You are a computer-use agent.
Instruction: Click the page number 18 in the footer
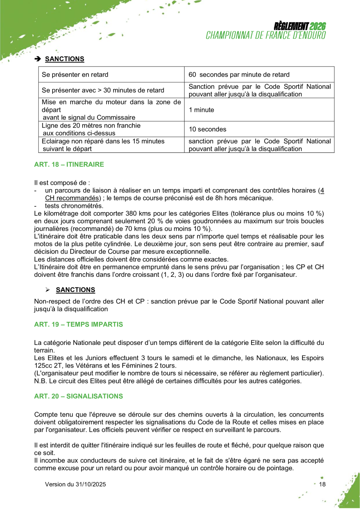point(322,484)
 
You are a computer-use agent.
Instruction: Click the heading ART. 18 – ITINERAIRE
point(69,164)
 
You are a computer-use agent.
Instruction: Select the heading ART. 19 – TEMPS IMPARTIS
point(78,325)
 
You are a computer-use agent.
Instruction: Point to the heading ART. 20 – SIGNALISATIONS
point(78,396)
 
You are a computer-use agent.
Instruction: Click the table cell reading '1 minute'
point(201,110)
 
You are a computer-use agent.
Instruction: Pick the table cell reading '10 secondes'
point(207,129)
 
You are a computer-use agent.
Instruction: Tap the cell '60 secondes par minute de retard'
point(239,75)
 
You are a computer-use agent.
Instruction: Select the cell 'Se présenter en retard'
point(75,75)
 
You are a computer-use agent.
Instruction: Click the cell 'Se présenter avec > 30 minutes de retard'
point(103,90)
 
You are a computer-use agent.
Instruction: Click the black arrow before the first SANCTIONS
point(38,59)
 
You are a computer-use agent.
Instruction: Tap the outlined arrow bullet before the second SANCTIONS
point(48,290)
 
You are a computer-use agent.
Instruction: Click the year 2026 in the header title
point(317,27)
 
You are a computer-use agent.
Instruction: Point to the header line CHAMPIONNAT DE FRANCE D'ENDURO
point(266,35)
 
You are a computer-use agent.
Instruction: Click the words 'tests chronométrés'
point(74,206)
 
